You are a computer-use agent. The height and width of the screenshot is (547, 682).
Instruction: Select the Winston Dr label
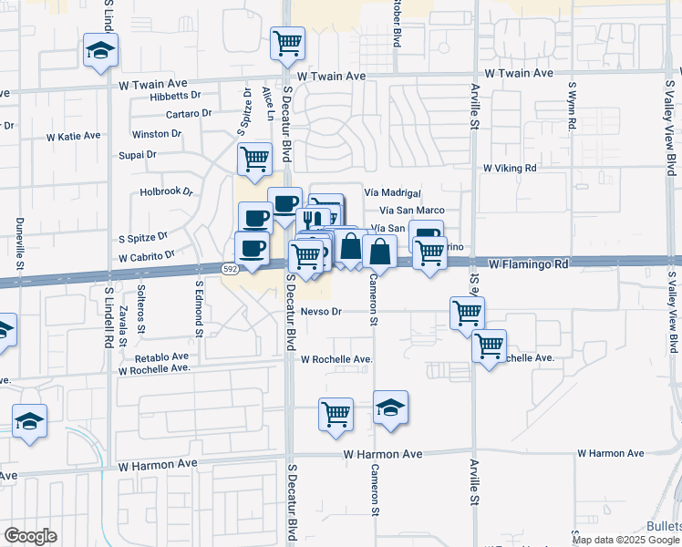point(156,134)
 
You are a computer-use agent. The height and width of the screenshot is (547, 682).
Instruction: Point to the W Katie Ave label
point(73,136)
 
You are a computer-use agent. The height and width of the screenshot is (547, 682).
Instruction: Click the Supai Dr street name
point(138,155)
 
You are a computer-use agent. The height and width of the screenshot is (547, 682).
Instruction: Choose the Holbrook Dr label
point(167,192)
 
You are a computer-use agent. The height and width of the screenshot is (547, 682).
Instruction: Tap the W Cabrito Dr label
point(145,256)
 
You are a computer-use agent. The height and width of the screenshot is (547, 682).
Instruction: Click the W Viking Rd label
point(510,168)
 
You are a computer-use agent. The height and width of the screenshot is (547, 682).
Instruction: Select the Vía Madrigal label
point(392,193)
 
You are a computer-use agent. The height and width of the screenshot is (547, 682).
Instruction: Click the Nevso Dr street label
point(320,312)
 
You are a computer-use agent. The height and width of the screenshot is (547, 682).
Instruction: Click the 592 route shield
point(230,268)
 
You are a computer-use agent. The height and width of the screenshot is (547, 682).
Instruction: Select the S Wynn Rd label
point(573,108)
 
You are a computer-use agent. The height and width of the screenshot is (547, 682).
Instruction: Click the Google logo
point(30,536)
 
